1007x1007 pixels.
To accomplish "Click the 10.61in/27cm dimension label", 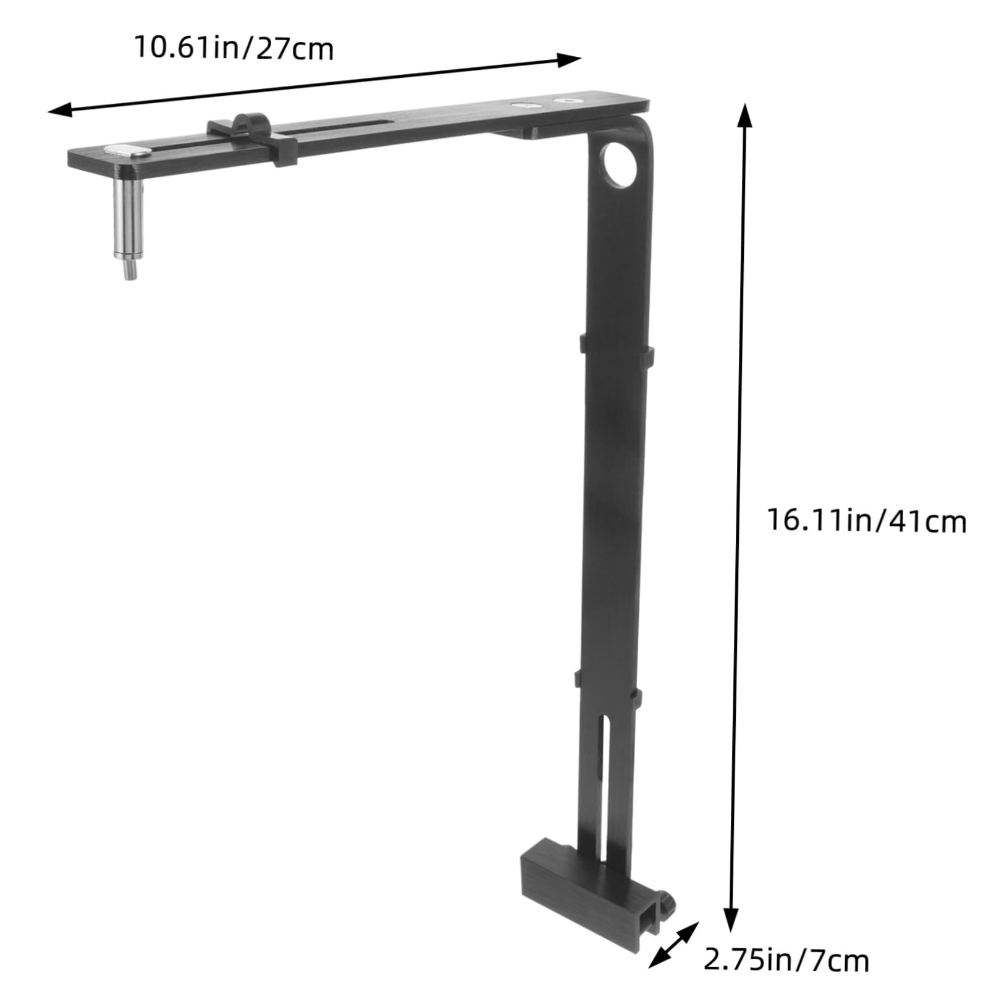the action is click(234, 48).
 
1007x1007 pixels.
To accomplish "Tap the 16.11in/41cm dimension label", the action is click(867, 520).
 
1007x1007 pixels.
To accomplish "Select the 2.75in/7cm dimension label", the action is click(786, 959).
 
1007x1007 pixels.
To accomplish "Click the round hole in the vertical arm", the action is click(620, 164).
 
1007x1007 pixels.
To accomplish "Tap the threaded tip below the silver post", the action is click(130, 270).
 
